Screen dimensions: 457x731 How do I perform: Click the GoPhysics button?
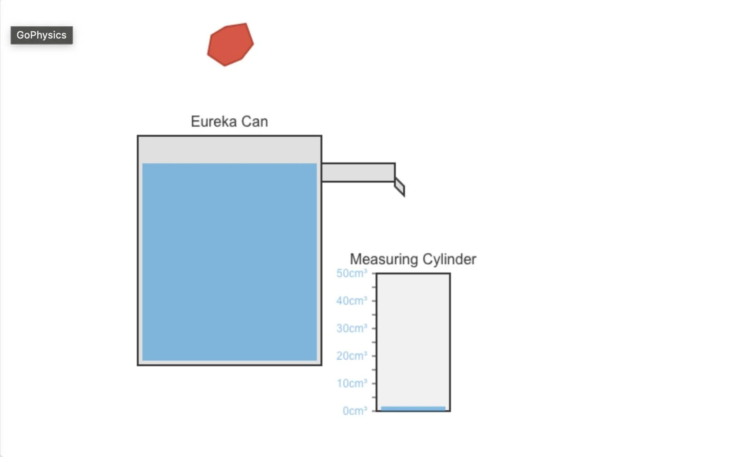(x=41, y=35)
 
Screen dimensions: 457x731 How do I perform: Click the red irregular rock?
(x=230, y=45)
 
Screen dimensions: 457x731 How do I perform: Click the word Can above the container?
(x=254, y=122)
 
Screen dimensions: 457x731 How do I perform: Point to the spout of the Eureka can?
(x=358, y=173)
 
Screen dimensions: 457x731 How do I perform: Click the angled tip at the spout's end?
(x=399, y=187)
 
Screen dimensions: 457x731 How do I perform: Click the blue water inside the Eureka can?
(x=229, y=262)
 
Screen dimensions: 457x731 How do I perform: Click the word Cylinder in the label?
(x=449, y=259)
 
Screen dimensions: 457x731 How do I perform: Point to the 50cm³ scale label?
(x=352, y=273)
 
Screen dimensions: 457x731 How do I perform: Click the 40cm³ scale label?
(x=352, y=301)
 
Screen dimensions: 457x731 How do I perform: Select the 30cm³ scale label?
(x=352, y=329)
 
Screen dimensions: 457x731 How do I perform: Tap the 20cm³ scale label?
(x=352, y=356)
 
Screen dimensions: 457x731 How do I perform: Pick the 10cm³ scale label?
(x=352, y=384)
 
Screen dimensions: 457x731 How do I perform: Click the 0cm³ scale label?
(x=354, y=411)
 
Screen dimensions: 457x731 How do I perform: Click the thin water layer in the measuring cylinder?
(x=413, y=408)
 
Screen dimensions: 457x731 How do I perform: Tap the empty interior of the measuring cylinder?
(x=413, y=340)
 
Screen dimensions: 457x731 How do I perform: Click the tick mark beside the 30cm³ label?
(x=374, y=329)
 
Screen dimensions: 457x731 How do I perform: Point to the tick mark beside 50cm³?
(x=374, y=273)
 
